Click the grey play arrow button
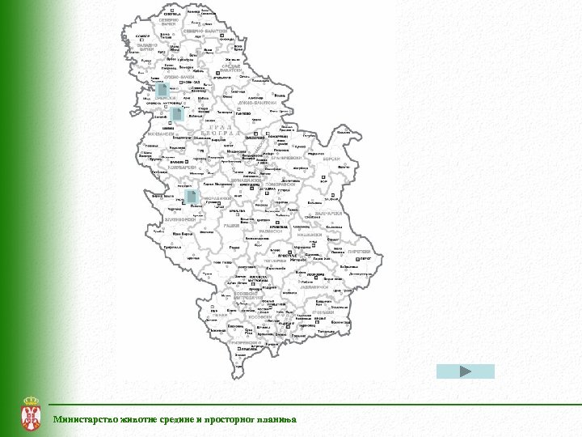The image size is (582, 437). pyautogui.click(x=465, y=371)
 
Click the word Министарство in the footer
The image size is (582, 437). pyautogui.click(x=83, y=419)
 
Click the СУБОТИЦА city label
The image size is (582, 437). pyautogui.click(x=171, y=15)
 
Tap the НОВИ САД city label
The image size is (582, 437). pyautogui.click(x=191, y=83)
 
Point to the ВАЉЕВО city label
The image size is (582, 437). pyautogui.click(x=177, y=163)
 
